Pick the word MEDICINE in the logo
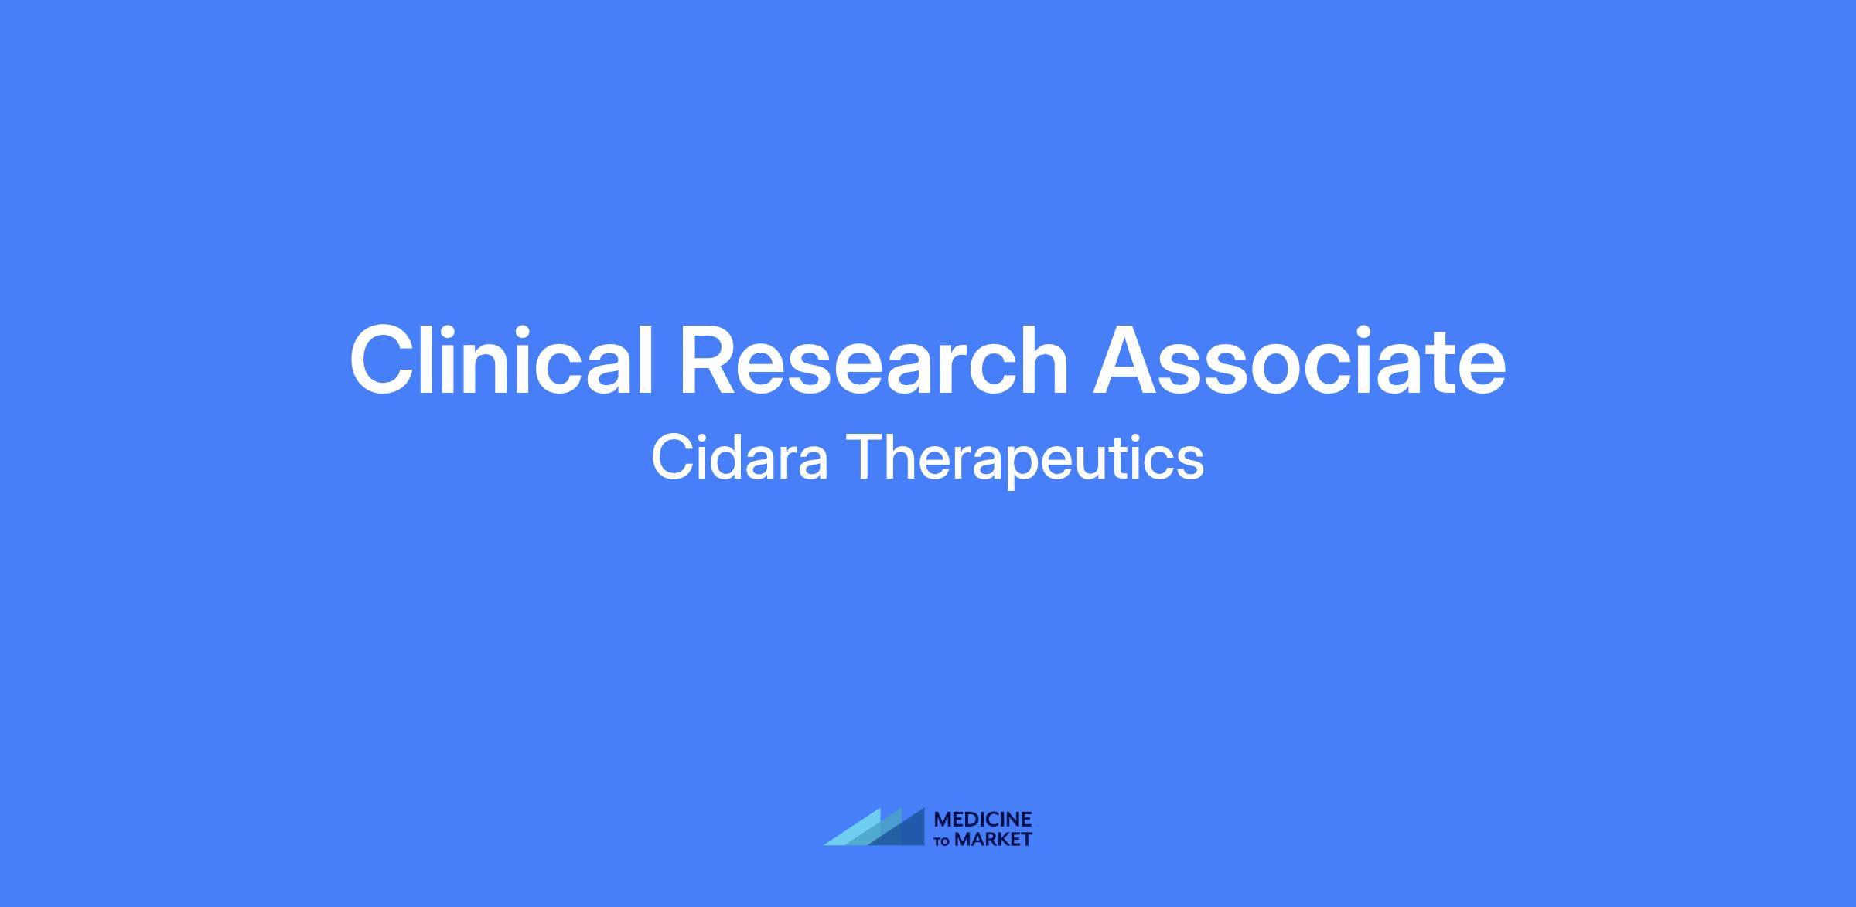[x=984, y=820]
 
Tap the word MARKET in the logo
[x=994, y=840]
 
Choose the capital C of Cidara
[x=674, y=456]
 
